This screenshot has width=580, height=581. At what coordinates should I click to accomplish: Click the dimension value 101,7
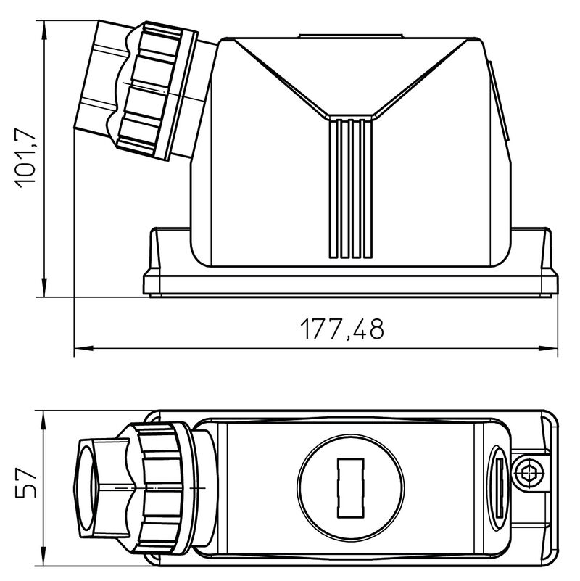click(x=27, y=158)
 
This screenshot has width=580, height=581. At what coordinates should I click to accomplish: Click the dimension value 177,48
click(x=342, y=329)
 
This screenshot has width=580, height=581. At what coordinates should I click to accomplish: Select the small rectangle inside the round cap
click(x=349, y=487)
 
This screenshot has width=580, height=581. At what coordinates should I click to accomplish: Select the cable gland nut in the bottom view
click(x=163, y=490)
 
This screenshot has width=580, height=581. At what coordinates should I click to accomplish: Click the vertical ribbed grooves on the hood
click(x=351, y=189)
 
